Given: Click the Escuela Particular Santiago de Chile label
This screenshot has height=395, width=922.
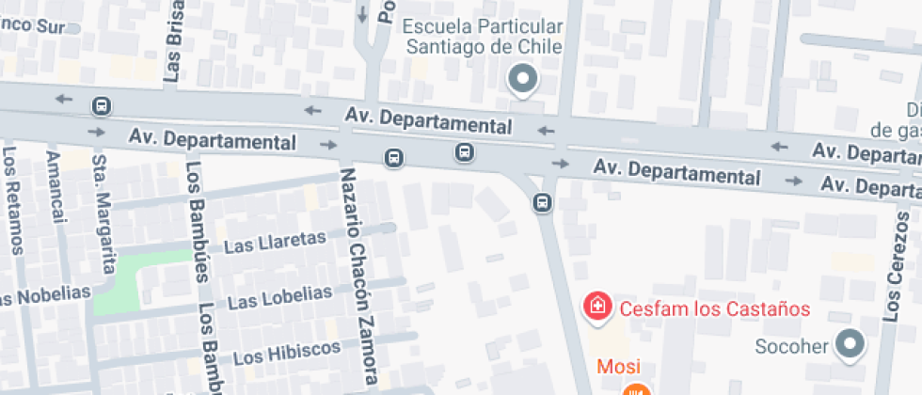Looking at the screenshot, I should (x=484, y=36).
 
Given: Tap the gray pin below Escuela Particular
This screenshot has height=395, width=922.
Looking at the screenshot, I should (x=522, y=79).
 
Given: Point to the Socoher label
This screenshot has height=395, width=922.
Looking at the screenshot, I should (x=791, y=346).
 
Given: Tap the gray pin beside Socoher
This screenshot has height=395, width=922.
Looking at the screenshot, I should (x=851, y=345).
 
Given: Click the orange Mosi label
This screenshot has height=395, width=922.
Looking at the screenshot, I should (x=615, y=366).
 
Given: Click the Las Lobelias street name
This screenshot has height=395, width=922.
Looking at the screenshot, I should (x=280, y=297).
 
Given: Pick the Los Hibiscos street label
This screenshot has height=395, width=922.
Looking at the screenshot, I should (x=286, y=353).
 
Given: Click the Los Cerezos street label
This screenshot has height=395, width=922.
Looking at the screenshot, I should (x=892, y=273).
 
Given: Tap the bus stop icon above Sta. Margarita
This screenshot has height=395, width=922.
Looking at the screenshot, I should (x=101, y=105).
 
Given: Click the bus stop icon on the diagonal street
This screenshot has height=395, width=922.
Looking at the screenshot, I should (x=542, y=201).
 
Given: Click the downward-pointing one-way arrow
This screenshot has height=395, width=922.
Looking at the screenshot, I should (x=362, y=14).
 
